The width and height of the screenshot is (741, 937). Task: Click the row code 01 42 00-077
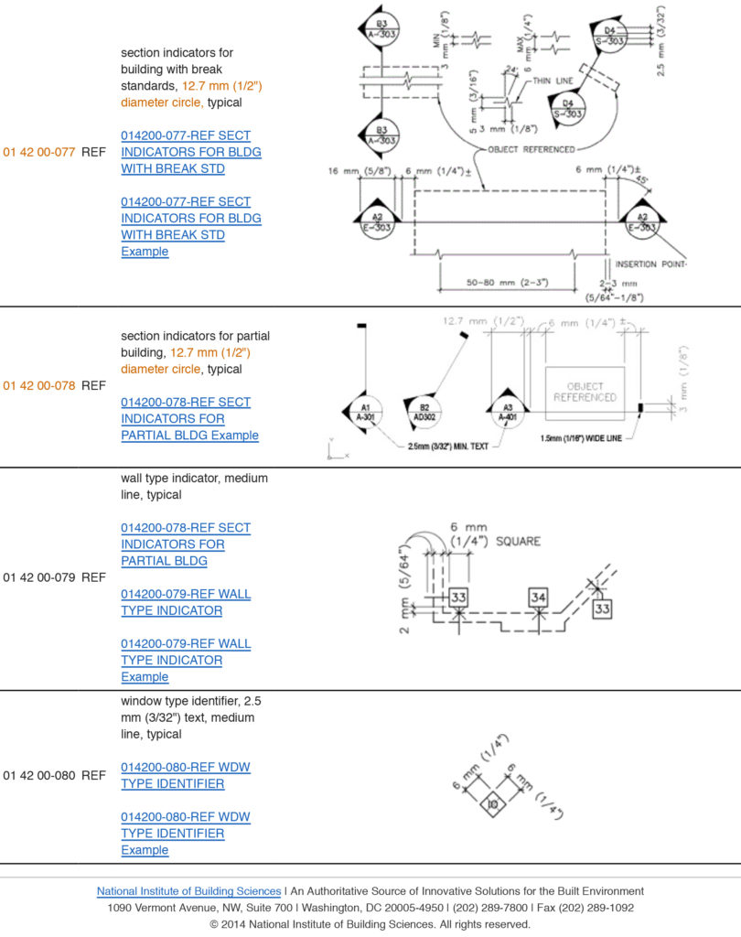tap(38, 153)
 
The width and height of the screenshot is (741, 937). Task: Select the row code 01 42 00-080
tap(38, 775)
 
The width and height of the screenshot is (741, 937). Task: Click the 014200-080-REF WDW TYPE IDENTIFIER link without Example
tap(172, 775)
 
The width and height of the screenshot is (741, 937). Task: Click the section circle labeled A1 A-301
tap(365, 411)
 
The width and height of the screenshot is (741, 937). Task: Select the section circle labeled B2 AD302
tap(424, 411)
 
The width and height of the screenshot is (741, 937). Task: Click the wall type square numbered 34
tap(539, 598)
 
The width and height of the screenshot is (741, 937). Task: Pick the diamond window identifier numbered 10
tap(491, 803)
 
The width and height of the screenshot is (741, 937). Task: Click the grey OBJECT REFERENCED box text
tap(585, 392)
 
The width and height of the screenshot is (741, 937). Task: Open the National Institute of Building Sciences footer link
tap(188, 890)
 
